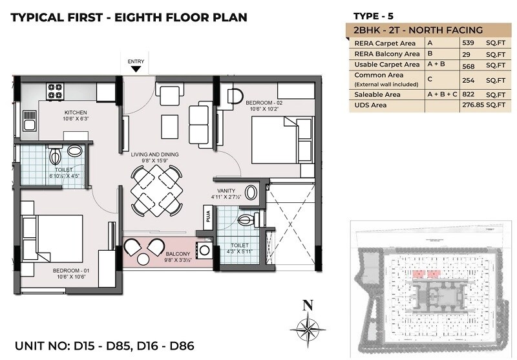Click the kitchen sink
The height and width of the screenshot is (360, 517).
click(28, 120)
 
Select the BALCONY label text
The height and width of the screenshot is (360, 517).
click(177, 254)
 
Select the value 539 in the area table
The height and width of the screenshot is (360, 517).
click(470, 43)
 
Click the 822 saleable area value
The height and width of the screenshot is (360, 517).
click(470, 94)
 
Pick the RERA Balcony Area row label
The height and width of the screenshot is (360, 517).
click(386, 54)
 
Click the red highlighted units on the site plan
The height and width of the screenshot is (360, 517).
click(424, 274)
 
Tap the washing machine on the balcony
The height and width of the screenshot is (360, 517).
click(205, 249)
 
